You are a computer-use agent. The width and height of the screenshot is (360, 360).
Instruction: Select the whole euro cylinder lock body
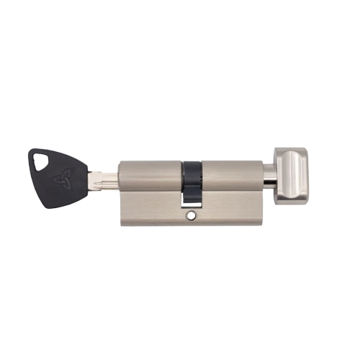[190, 192]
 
